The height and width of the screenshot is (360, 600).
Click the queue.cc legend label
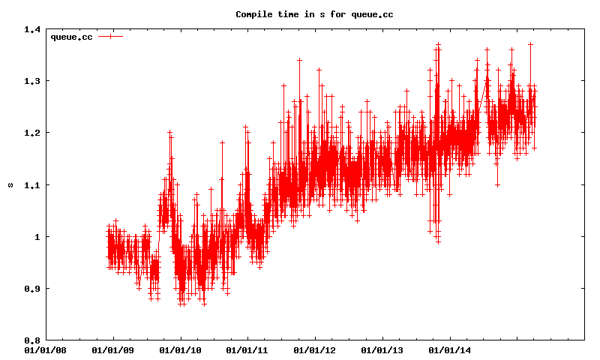click(71, 37)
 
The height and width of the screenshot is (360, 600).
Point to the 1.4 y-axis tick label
click(31, 29)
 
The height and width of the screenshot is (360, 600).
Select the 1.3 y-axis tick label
click(31, 81)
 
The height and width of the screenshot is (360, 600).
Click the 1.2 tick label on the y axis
click(31, 133)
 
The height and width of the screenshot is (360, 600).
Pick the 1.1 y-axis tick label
click(31, 184)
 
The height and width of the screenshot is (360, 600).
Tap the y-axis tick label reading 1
click(37, 237)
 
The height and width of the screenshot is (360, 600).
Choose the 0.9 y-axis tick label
click(31, 289)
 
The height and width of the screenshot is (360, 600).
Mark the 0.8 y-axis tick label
click(31, 340)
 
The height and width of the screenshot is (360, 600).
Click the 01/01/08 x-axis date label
click(45, 349)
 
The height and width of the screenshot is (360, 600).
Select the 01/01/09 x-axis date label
click(112, 349)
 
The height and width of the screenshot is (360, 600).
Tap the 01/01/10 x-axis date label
click(180, 349)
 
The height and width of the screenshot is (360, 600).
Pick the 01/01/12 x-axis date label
click(314, 349)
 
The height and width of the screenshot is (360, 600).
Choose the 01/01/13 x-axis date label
click(382, 349)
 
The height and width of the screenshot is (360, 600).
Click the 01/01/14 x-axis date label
click(449, 349)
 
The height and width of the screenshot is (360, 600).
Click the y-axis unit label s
click(10, 184)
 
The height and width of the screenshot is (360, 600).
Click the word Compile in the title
click(253, 14)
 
